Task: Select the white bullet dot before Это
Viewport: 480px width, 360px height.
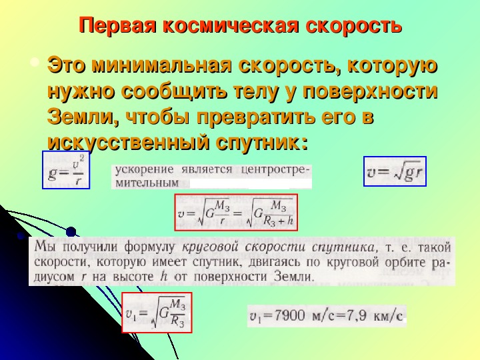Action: pyautogui.click(x=35, y=63)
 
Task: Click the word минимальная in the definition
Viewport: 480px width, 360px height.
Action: pyautogui.click(x=161, y=65)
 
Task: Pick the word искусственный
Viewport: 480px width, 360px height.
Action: pyautogui.click(x=129, y=143)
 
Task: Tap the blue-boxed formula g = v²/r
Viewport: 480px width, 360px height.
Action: pyautogui.click(x=66, y=170)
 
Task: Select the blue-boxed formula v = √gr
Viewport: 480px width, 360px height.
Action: pyautogui.click(x=395, y=171)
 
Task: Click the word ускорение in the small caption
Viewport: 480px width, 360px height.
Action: pyautogui.click(x=144, y=170)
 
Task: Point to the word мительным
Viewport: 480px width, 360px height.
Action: pyautogui.click(x=147, y=183)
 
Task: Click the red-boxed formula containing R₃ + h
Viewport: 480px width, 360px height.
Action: pyautogui.click(x=236, y=212)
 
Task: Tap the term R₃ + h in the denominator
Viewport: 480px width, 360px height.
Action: pyautogui.click(x=277, y=221)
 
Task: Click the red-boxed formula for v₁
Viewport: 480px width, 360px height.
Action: pyautogui.click(x=157, y=313)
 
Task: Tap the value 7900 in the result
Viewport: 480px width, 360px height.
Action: pyautogui.click(x=289, y=315)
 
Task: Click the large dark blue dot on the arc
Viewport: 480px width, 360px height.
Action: pyautogui.click(x=71, y=232)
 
